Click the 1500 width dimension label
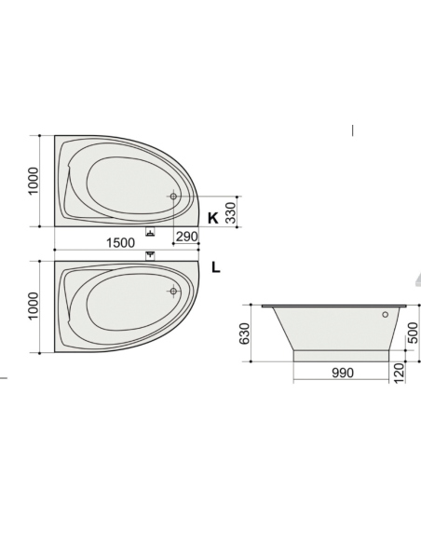tap(120, 243)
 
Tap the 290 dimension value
tap(187, 237)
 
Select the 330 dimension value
tap(231, 212)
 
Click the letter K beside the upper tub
tap(213, 218)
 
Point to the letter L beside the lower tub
tap(216, 267)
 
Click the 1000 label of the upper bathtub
tap(33, 181)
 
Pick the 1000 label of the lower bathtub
tap(33, 306)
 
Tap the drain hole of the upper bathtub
tap(173, 197)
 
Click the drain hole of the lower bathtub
tap(173, 291)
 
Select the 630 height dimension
tap(244, 333)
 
